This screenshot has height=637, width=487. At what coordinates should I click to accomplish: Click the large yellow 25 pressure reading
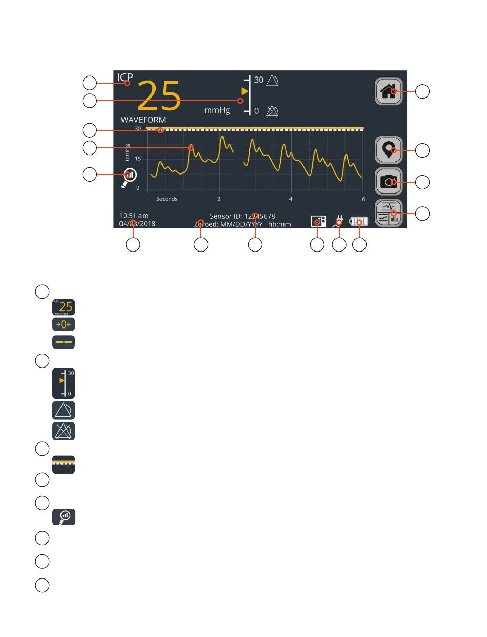159,96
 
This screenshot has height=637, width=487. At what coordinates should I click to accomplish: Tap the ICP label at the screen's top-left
125,78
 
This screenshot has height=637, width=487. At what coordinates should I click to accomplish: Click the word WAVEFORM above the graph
143,120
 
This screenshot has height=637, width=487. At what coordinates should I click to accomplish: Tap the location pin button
389,150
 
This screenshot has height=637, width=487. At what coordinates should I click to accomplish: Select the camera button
389,181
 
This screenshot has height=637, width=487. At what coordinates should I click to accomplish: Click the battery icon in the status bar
358,222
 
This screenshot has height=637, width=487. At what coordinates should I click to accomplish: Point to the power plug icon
338,222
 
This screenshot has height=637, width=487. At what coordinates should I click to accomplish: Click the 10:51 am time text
134,216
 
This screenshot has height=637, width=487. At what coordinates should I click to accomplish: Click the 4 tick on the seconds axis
291,199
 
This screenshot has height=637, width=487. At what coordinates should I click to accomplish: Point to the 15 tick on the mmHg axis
138,159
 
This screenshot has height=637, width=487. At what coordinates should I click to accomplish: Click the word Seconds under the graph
167,199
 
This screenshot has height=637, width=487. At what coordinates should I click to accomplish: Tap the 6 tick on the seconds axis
363,199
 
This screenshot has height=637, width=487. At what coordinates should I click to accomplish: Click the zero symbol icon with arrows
64,325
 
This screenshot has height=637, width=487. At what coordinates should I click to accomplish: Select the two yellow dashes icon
64,342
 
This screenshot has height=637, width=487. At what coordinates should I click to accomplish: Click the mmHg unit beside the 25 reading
217,110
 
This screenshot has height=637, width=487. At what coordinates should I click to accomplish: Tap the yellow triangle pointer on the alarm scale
245,91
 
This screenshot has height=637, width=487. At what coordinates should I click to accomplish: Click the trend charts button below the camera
389,213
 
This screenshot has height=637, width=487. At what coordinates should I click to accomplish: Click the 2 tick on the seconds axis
219,199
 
